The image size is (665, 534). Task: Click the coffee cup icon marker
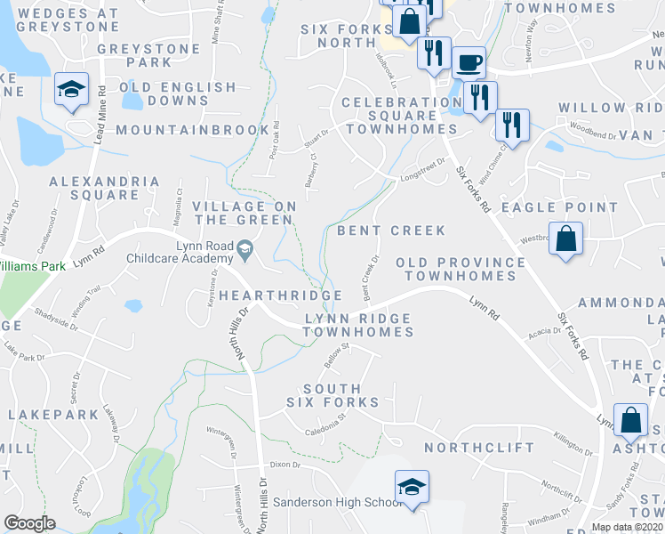(x=469, y=63)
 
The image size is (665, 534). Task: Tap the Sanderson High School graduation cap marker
(x=412, y=487)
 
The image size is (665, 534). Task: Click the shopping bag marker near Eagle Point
(x=565, y=239)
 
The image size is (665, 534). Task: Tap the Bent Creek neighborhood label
(x=391, y=231)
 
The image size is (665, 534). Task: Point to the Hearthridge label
(x=281, y=295)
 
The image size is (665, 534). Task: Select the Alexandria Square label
(x=105, y=188)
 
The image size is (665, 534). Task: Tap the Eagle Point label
(x=559, y=207)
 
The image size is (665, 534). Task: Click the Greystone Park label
(x=135, y=55)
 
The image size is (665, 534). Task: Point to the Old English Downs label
(x=178, y=95)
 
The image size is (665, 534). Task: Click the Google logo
(x=30, y=523)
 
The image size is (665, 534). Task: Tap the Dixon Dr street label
(x=285, y=465)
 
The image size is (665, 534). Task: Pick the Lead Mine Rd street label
(x=101, y=113)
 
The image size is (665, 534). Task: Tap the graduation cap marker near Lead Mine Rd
(x=71, y=89)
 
